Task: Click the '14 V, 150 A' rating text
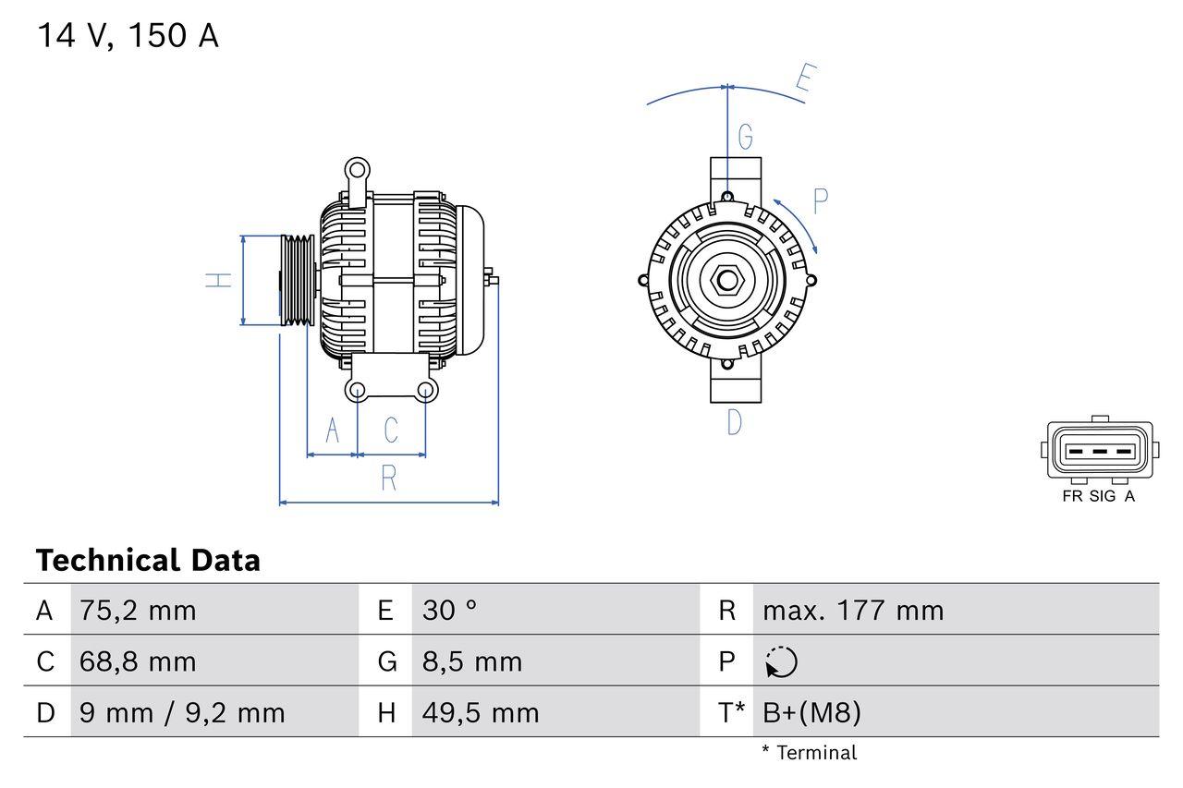coord(128,36)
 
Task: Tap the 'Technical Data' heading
coord(148,560)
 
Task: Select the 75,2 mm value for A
coord(138,610)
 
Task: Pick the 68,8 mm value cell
coord(138,661)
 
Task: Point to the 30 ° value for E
coord(450,610)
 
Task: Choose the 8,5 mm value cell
coord(472,661)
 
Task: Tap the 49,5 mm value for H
coord(481,712)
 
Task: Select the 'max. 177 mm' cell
coord(853,610)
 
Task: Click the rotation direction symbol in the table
coord(781,662)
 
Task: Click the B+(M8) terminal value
coord(811,712)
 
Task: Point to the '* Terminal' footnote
coord(809,753)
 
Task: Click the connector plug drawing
coord(1099,451)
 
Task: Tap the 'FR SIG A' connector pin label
coord(1098,496)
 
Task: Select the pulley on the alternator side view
coord(298,280)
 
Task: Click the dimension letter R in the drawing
coord(389,479)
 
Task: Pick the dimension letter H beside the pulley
coord(219,280)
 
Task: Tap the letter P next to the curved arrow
coord(820,200)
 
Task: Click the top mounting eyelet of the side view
coord(356,169)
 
